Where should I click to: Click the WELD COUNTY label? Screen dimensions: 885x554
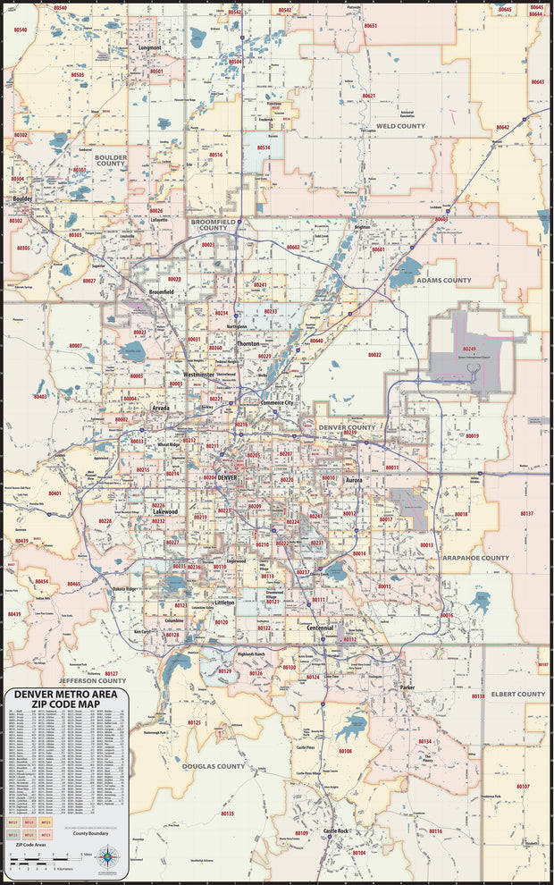pyautogui.click(x=400, y=126)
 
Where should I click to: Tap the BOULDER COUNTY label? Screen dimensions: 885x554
pyautogui.click(x=111, y=160)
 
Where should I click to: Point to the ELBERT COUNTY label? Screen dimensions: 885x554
pyautogui.click(x=518, y=694)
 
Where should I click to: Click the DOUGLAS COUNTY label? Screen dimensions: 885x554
pyautogui.click(x=214, y=766)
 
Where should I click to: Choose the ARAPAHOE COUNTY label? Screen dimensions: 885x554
pyautogui.click(x=475, y=558)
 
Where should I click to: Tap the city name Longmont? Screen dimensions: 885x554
pyautogui.click(x=151, y=47)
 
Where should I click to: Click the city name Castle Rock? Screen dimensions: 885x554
pyautogui.click(x=337, y=831)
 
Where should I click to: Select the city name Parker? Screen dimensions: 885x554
pyautogui.click(x=407, y=687)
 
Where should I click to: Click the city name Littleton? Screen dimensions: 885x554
pyautogui.click(x=225, y=603)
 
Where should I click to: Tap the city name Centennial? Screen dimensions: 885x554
pyautogui.click(x=319, y=628)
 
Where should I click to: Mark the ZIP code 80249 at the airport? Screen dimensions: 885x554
pyautogui.click(x=470, y=349)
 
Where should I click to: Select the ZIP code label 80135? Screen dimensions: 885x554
pyautogui.click(x=227, y=813)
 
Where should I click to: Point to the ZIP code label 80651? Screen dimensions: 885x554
pyautogui.click(x=370, y=26)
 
